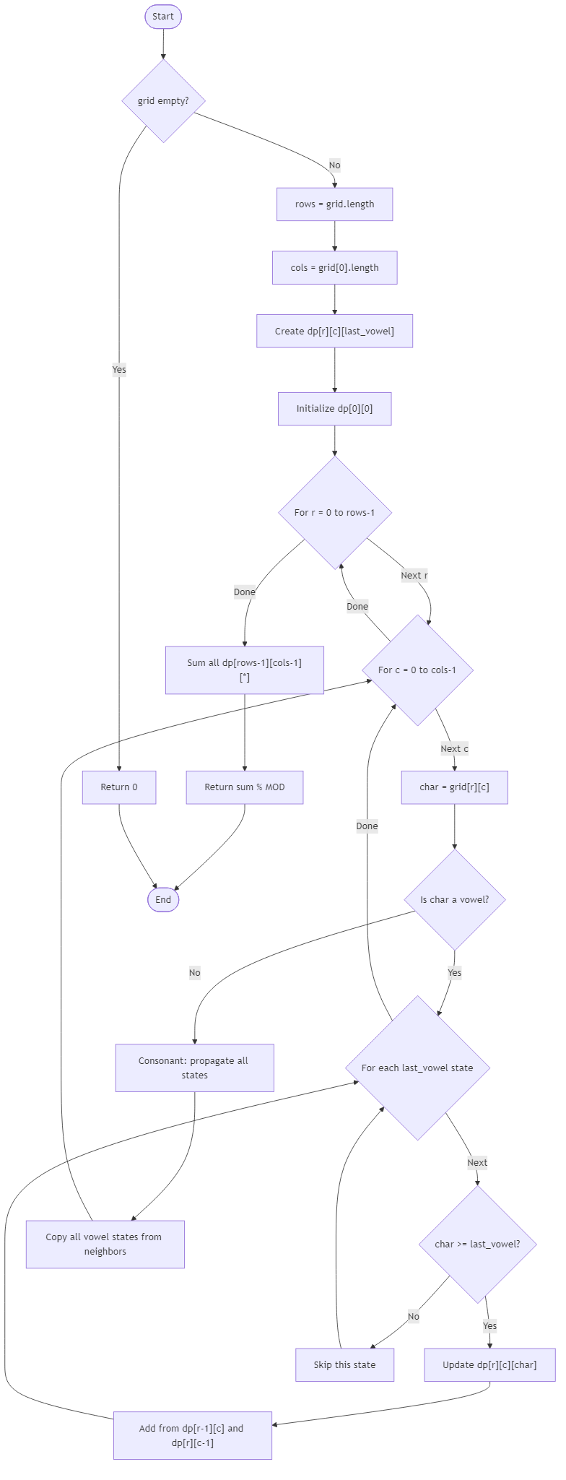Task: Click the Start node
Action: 163,17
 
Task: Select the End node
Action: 163,899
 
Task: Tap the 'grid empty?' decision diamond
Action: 163,101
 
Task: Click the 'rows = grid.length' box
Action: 334,204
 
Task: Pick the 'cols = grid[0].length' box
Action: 334,267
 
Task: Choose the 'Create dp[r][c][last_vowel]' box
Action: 334,332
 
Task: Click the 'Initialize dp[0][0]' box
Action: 334,409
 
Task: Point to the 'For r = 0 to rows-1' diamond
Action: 334,513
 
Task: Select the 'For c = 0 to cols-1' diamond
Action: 417,670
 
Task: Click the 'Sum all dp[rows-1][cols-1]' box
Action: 245,670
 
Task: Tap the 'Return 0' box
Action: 119,787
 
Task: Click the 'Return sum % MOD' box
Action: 245,787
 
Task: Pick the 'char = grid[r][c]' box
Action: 454,787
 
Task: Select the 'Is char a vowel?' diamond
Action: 455,900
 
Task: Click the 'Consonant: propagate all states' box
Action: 194,1068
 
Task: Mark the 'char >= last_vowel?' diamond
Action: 477,1245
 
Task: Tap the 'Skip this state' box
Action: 344,1365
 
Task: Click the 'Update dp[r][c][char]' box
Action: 489,1365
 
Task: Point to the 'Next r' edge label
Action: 414,576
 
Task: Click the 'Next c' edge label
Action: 455,749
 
